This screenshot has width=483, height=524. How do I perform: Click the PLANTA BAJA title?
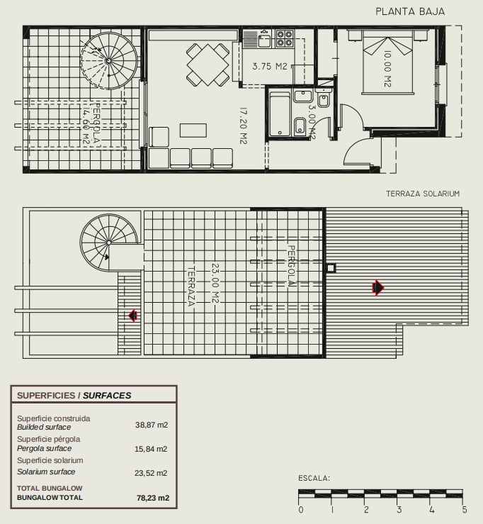tap(410, 11)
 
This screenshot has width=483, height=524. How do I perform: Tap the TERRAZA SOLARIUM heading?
tap(423, 194)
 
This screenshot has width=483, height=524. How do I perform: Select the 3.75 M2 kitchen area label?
tap(270, 66)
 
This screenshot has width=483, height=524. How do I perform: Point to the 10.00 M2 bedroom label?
tap(387, 69)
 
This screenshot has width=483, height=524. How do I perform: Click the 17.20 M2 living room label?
tap(244, 126)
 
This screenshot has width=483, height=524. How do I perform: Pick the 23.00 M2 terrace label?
tap(215, 284)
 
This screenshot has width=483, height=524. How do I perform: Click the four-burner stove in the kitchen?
tap(285, 38)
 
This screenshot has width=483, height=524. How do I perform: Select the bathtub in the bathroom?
tap(280, 114)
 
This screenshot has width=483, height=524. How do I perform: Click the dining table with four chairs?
tap(208, 65)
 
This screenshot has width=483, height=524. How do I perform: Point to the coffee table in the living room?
tap(193, 130)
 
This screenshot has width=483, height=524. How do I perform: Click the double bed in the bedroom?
tap(388, 62)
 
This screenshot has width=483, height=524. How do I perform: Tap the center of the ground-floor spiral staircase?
tap(108, 60)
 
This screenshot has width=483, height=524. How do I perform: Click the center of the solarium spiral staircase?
tap(109, 243)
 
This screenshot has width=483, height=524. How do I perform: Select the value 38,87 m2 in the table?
tap(152, 425)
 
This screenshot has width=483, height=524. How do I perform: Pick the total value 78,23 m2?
tap(153, 498)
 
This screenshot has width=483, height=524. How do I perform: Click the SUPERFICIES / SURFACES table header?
tap(74, 396)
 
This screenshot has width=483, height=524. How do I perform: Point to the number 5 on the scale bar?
tap(465, 510)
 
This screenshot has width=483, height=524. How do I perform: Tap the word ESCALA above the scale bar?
tap(314, 478)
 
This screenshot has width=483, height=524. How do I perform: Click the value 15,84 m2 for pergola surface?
tap(151, 449)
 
